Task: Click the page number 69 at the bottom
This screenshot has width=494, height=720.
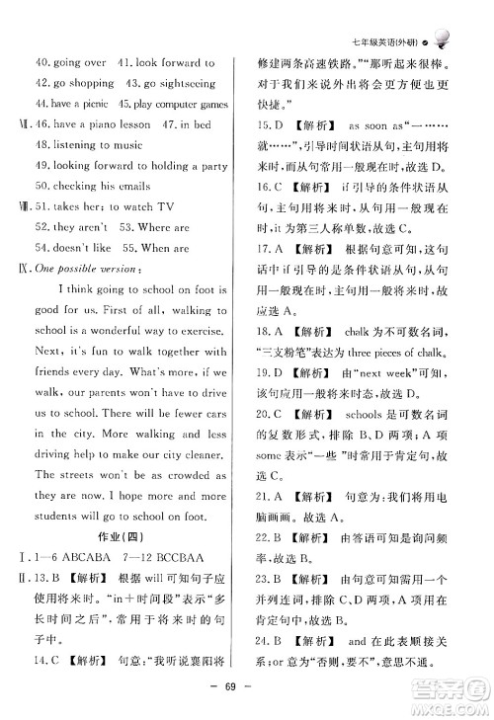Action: tap(246, 689)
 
